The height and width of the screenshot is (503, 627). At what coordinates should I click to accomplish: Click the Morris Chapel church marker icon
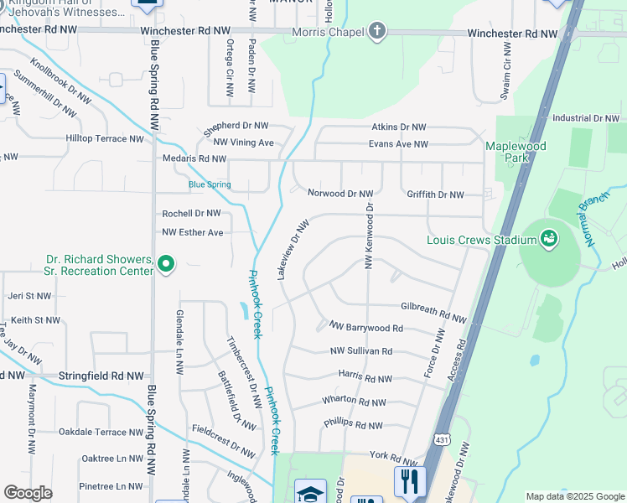tap(377, 32)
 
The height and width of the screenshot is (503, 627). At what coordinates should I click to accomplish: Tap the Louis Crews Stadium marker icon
tap(549, 241)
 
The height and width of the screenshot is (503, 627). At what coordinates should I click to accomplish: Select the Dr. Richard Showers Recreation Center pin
tap(166, 266)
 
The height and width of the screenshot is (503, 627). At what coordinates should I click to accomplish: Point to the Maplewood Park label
tap(516, 152)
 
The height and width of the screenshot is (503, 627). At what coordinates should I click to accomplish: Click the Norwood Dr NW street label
tap(339, 194)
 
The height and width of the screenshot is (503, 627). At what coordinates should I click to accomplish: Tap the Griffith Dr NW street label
tap(435, 194)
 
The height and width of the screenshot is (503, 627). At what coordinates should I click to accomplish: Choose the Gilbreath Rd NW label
tap(433, 312)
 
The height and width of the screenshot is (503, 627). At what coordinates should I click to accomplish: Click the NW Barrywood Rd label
tap(366, 327)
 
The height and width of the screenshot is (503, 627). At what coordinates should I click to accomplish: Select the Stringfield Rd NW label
tap(101, 376)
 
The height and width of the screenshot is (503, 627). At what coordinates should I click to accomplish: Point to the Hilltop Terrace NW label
tap(106, 138)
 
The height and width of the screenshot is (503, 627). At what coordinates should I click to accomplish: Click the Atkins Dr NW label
tap(399, 127)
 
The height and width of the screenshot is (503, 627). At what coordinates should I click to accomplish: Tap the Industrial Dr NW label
tap(584, 119)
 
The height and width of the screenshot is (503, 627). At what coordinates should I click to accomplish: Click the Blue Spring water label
tap(210, 184)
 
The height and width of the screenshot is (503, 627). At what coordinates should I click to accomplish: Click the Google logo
tap(28, 493)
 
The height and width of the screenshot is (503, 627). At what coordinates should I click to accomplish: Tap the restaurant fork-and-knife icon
tap(411, 481)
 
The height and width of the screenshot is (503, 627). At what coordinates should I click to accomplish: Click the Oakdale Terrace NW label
tap(101, 432)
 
